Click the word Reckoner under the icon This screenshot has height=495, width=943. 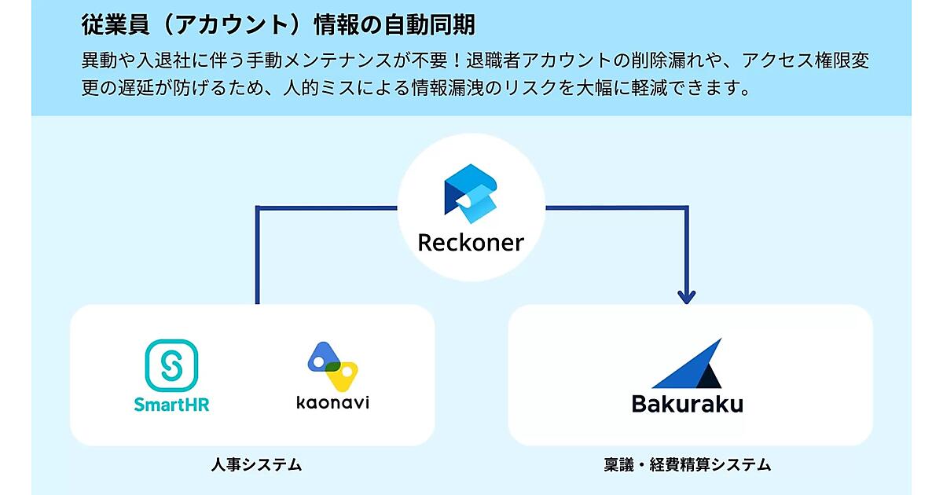pos(471,242)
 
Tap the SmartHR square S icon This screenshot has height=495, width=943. pos(171,365)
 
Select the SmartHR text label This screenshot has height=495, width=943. pos(171,405)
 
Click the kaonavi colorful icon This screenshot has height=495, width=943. pos(332,366)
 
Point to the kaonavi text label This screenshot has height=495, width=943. pos(332,404)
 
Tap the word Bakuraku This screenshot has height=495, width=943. pos(687,404)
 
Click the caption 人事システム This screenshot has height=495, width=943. pos(256,464)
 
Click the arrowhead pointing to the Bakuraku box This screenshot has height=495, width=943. pos(687,297)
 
